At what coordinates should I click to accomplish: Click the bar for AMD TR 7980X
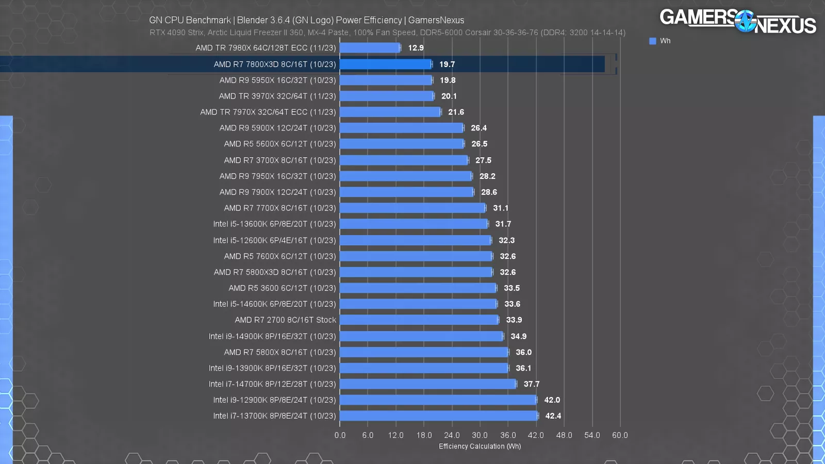pos(370,48)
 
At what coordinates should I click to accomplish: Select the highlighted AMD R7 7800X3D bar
pos(386,64)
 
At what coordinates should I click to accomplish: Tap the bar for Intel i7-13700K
pos(438,416)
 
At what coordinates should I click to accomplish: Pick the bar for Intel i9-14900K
pos(421,336)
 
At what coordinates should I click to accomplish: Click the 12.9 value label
pos(416,48)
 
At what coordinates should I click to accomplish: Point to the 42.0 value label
pos(552,400)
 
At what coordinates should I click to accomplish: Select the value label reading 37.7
pos(531,384)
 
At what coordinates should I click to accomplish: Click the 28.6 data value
pos(489,192)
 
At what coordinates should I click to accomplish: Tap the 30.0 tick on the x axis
pos(480,435)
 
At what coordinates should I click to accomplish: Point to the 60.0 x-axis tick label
pos(620,435)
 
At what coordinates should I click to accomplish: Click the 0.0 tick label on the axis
pos(340,435)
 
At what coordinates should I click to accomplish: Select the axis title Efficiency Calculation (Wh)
pos(480,446)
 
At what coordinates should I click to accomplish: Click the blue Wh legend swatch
pos(653,41)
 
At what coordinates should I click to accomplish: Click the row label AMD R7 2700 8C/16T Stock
pos(285,320)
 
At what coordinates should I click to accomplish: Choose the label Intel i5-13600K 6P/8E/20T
pos(274,224)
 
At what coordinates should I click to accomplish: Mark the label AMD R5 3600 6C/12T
pos(282,288)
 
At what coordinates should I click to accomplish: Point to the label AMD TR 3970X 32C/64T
pos(277,96)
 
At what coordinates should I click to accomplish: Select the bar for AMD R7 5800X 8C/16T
pos(424,352)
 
